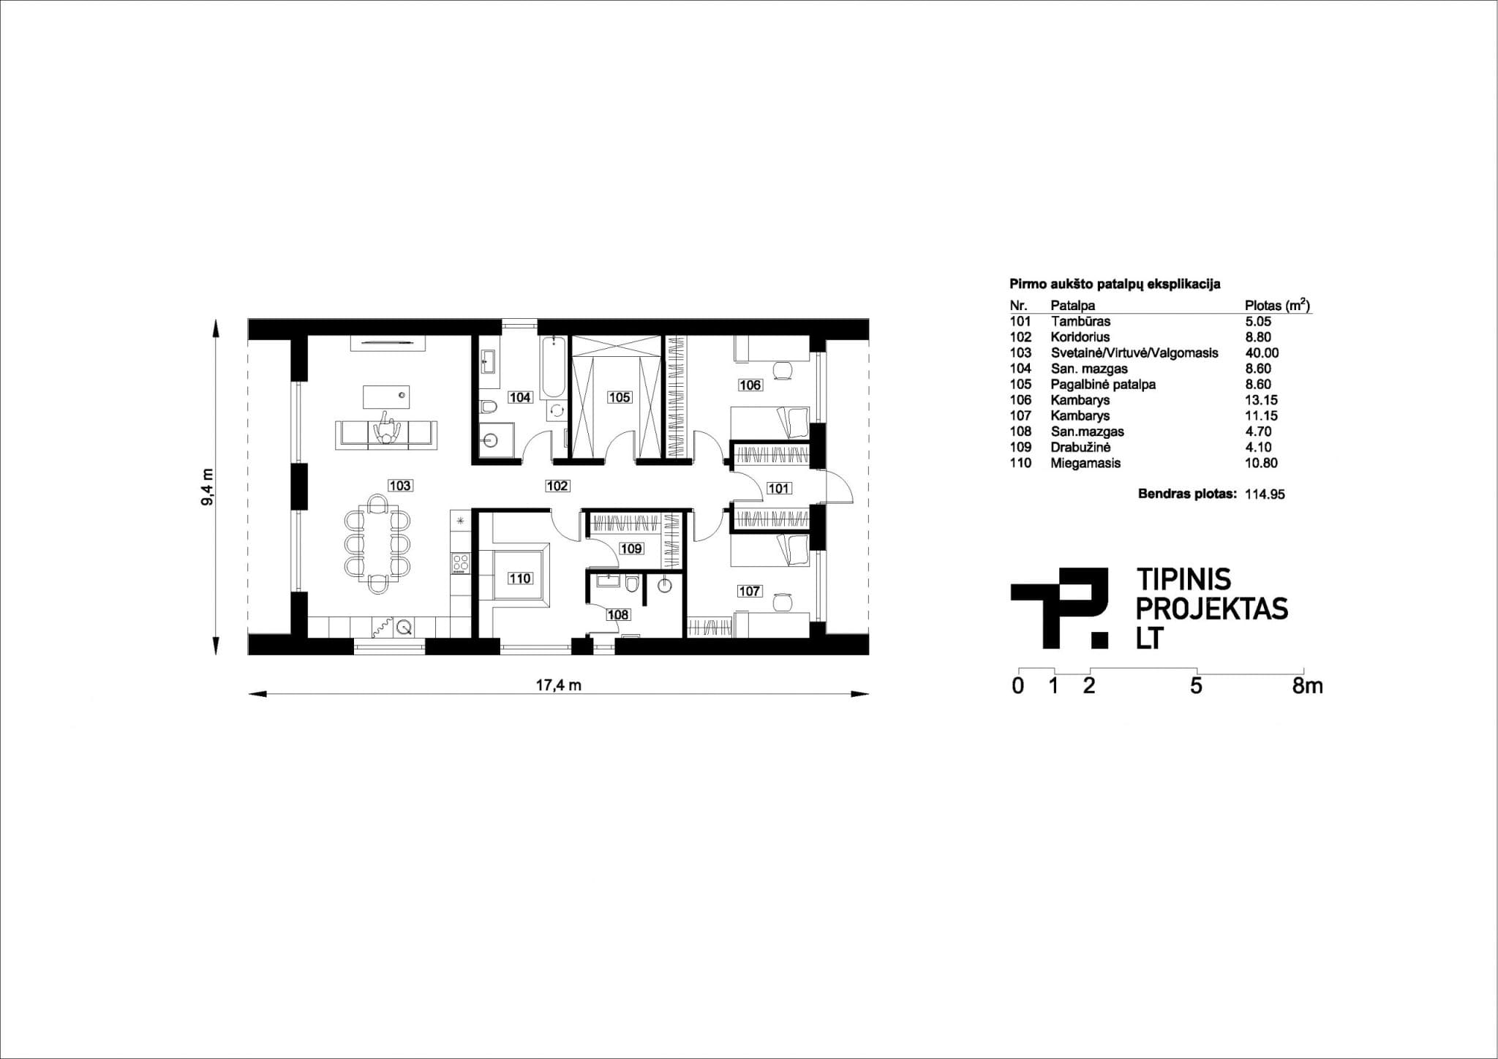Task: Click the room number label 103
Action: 400,486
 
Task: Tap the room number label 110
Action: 519,579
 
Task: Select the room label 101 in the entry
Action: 778,489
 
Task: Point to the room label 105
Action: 619,398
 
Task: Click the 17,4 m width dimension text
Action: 558,685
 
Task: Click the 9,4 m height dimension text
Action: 207,486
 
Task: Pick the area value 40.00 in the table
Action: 1262,353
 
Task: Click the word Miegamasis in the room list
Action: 1085,463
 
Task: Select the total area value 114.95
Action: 1265,494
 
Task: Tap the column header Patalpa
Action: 1072,306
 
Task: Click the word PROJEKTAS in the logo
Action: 1211,609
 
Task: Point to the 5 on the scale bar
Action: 1196,687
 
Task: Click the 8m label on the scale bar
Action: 1306,687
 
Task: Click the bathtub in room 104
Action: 554,366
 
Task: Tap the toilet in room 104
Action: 489,406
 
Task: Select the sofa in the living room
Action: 385,434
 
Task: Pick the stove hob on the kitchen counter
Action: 461,562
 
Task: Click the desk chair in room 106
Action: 784,370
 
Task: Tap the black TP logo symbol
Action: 1061,607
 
